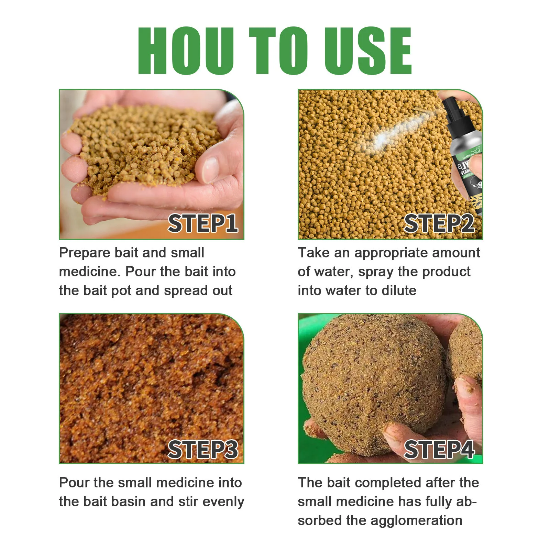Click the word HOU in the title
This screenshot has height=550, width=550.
click(x=186, y=51)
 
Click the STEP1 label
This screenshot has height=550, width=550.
click(x=203, y=223)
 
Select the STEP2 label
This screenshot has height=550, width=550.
click(x=439, y=223)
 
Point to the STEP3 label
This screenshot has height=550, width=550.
click(x=203, y=449)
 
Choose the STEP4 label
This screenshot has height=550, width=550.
click(x=439, y=449)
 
